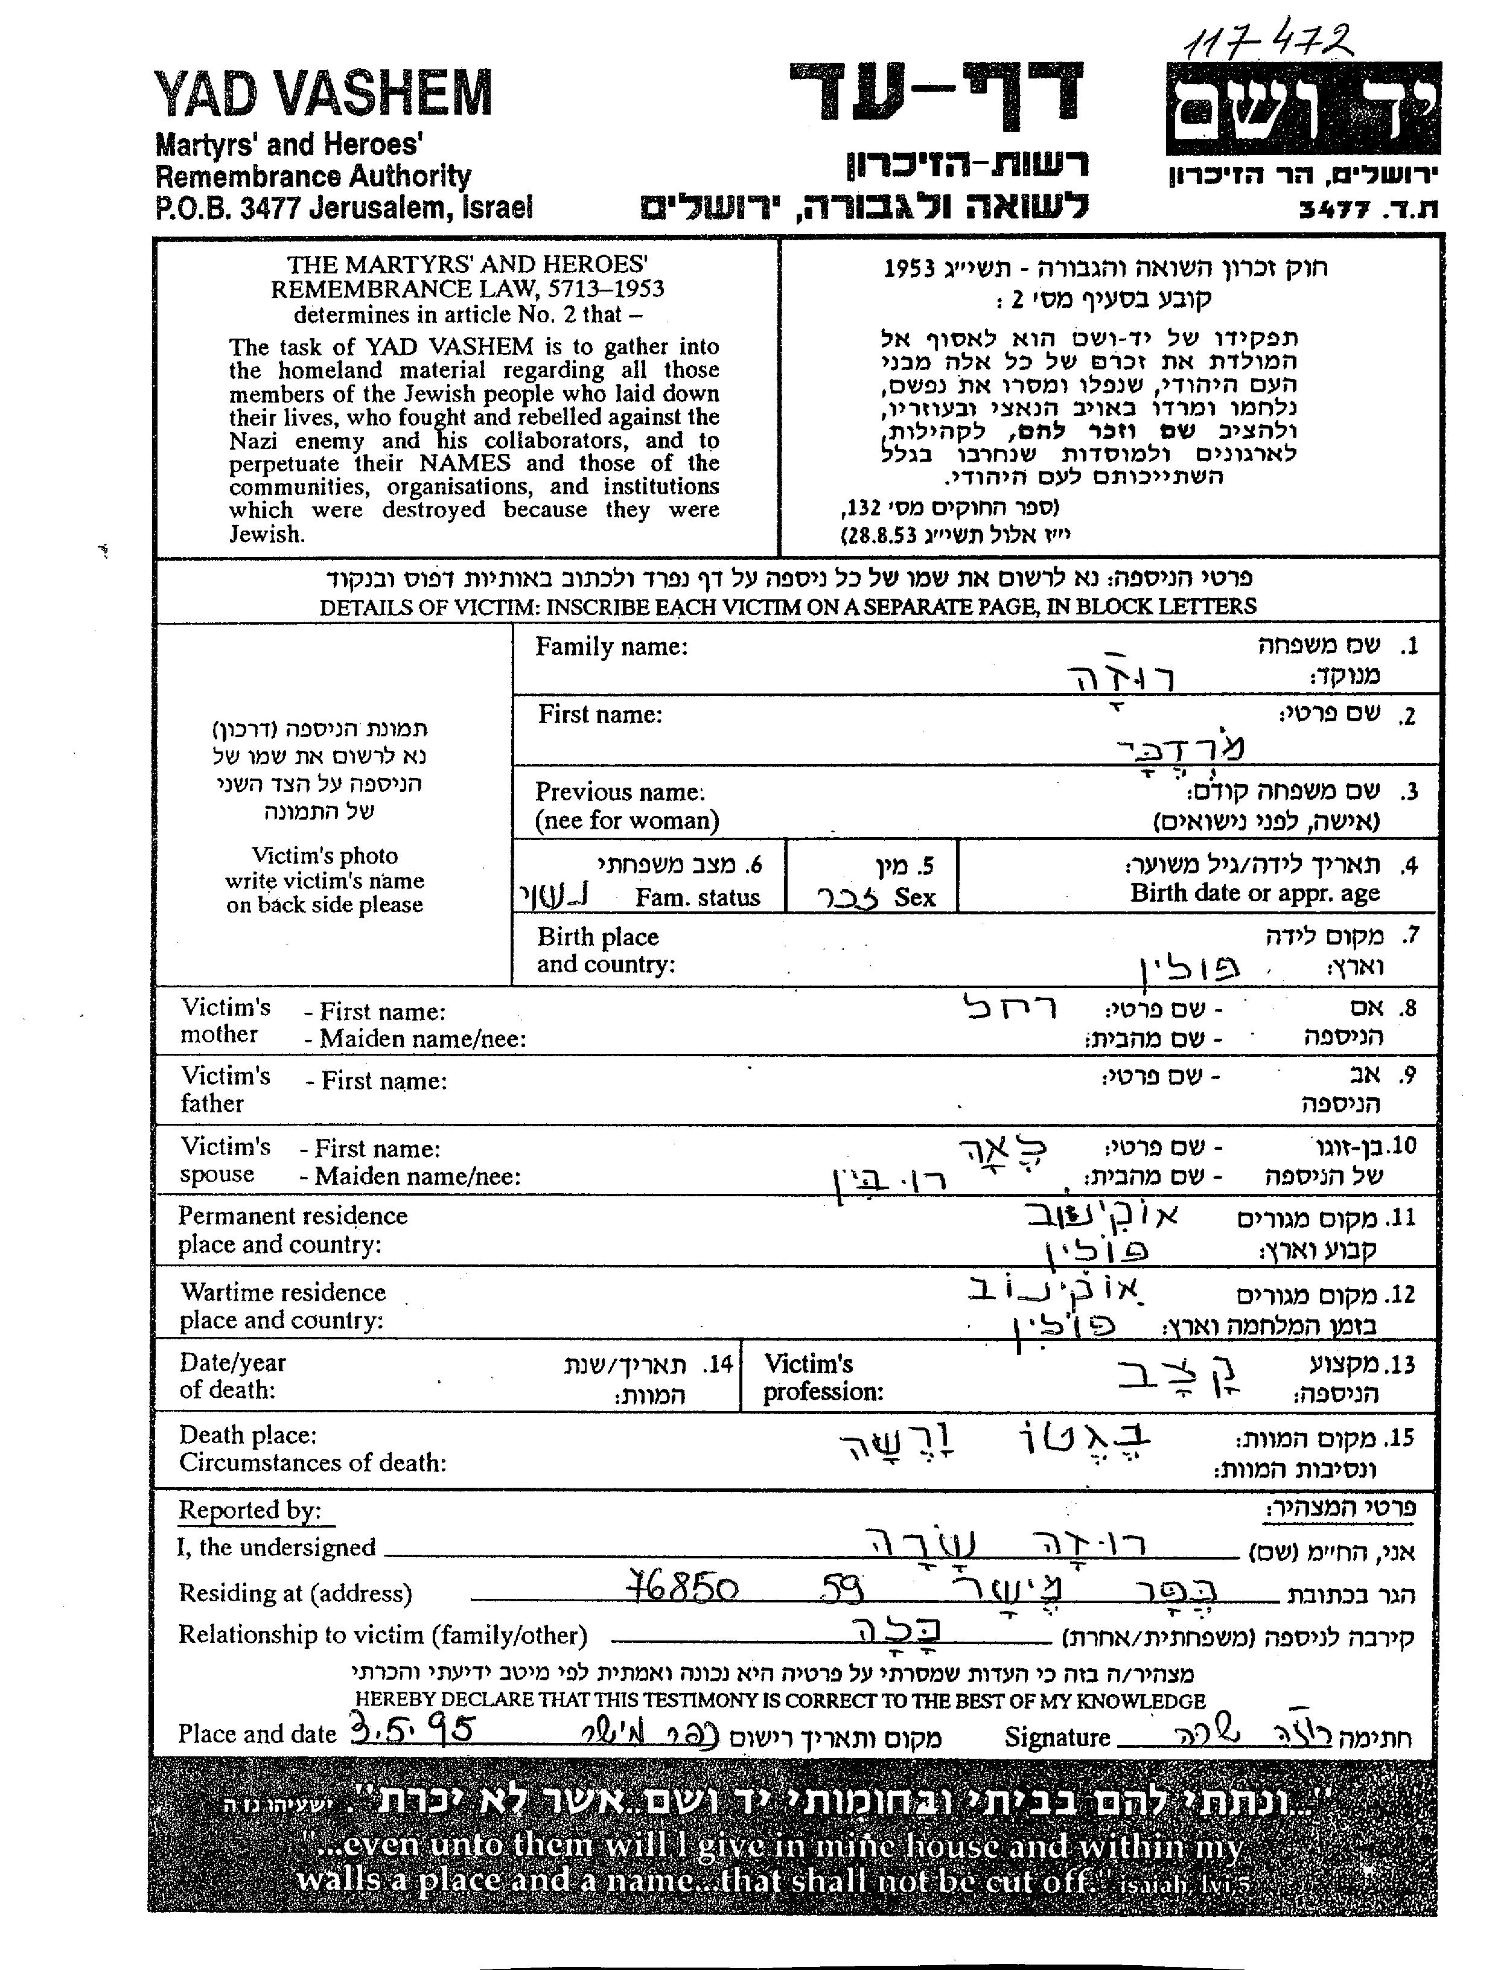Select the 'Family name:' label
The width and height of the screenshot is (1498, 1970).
point(611,646)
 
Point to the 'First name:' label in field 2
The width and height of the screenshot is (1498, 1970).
point(599,715)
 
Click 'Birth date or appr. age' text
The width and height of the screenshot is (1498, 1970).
point(1255,893)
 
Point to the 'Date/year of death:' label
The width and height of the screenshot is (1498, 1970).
point(232,1376)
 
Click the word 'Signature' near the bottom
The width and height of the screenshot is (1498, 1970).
point(1057,1737)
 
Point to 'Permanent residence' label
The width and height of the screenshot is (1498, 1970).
point(293,1216)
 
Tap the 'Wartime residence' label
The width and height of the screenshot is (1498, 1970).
point(282,1292)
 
